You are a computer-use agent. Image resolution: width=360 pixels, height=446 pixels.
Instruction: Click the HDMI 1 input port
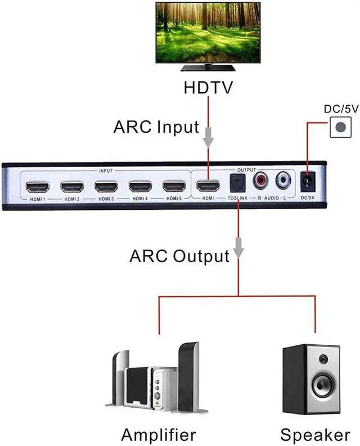[x=39, y=186]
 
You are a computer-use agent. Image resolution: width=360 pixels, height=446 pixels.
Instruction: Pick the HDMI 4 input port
[x=141, y=186]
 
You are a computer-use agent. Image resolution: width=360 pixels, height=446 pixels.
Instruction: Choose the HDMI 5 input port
[x=174, y=186]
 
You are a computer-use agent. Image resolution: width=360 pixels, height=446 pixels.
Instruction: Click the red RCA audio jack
[x=262, y=181]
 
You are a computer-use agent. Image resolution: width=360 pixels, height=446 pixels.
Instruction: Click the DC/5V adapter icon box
[x=339, y=127]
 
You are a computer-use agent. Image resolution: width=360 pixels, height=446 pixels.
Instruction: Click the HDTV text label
[x=209, y=88]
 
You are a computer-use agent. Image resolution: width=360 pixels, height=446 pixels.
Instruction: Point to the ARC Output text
[x=179, y=256]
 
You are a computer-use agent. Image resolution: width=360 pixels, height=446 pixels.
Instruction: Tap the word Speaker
[x=314, y=434]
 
